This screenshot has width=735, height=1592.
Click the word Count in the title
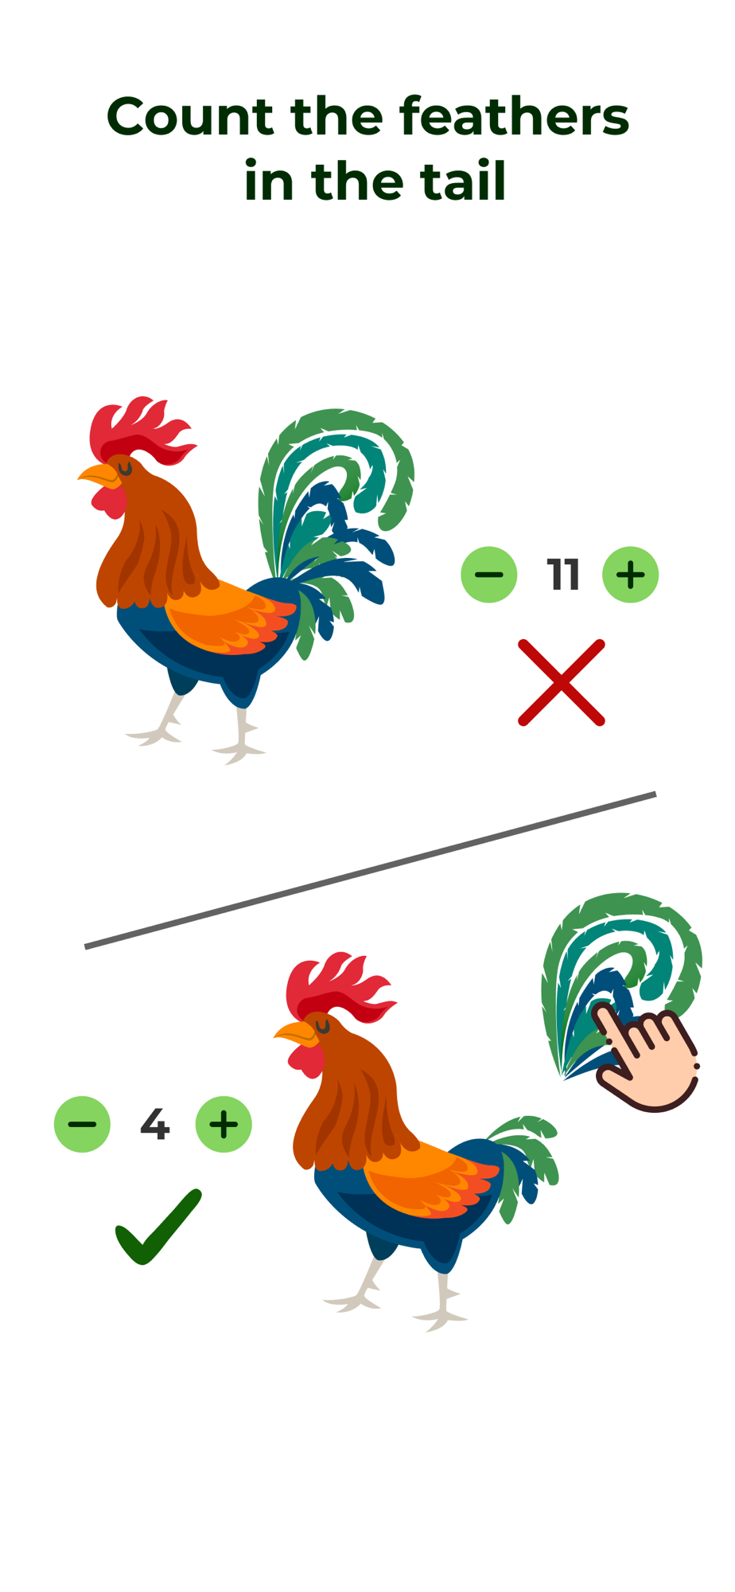pos(190,116)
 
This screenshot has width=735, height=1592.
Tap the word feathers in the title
pos(514,116)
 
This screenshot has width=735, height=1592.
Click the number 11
pos(562,575)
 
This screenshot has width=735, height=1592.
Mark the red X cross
pos(562,682)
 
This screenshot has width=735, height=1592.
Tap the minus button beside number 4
pos(82,1124)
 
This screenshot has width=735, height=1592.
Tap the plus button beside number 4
pos(224,1124)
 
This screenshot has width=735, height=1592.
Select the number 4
pos(154,1124)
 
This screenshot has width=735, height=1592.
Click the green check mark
pos(158,1226)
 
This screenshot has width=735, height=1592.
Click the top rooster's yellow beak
pos(99,475)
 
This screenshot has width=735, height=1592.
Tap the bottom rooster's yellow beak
pos(295,1033)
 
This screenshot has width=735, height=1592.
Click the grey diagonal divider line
pos(370,870)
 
